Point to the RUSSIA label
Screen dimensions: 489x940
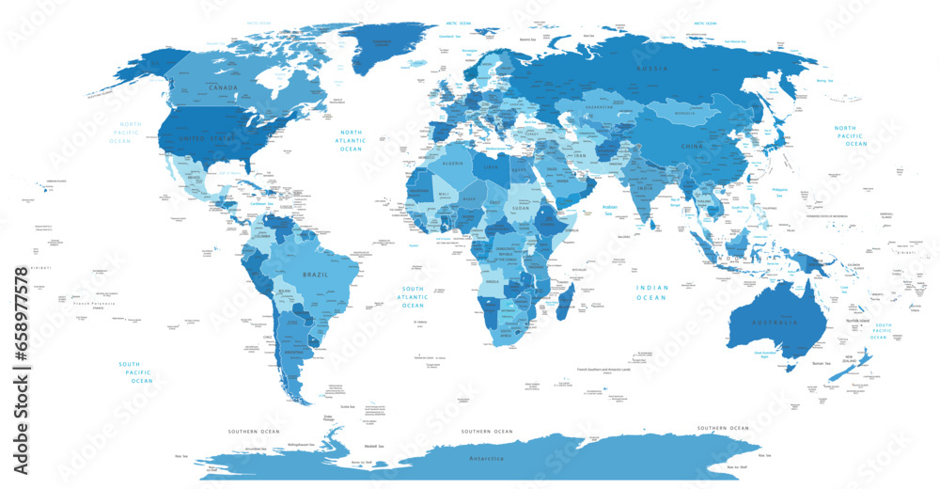click(x=653, y=70)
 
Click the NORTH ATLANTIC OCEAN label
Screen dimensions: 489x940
click(x=351, y=141)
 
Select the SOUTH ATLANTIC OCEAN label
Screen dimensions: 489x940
click(x=413, y=297)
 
